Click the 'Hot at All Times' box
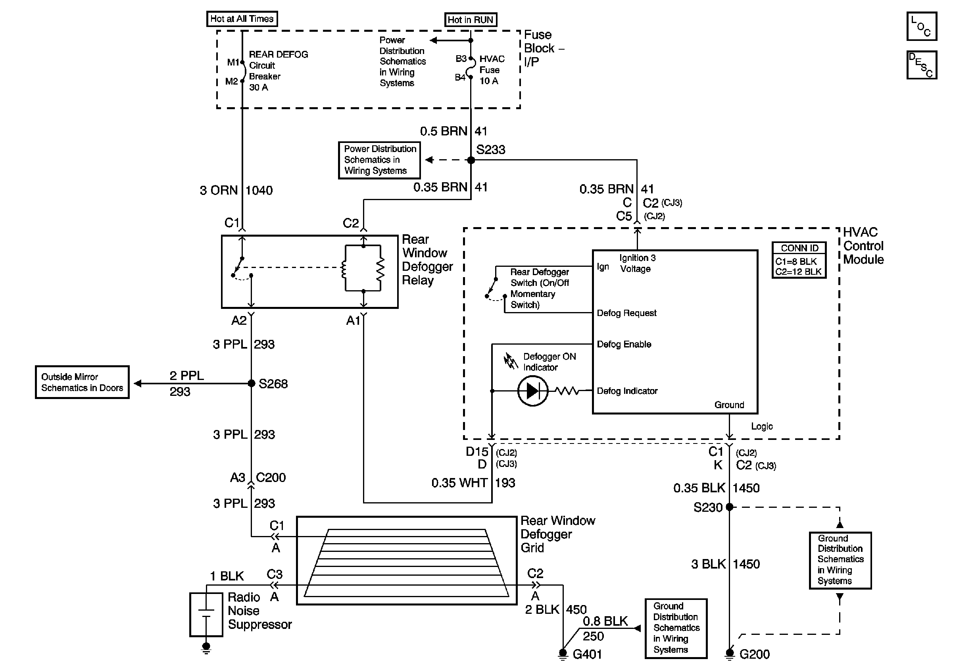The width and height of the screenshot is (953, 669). pyautogui.click(x=242, y=19)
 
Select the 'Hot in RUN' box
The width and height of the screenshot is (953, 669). pyautogui.click(x=470, y=20)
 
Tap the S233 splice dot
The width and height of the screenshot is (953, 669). pyautogui.click(x=471, y=160)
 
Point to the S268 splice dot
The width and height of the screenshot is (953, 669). pyautogui.click(x=251, y=383)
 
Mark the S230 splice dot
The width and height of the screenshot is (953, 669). pyautogui.click(x=729, y=507)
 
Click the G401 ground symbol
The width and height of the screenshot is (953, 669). pyautogui.click(x=563, y=654)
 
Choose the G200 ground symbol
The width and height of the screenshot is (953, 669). pyautogui.click(x=729, y=654)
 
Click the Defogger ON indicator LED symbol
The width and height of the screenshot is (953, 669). pyautogui.click(x=533, y=391)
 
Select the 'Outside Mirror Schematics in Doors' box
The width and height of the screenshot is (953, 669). pyautogui.click(x=82, y=382)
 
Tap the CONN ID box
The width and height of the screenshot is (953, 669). pyautogui.click(x=799, y=260)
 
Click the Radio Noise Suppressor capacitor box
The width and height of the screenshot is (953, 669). pyautogui.click(x=206, y=615)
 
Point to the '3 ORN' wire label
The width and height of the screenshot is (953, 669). pyautogui.click(x=219, y=191)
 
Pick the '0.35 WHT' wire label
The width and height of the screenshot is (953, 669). pyautogui.click(x=459, y=483)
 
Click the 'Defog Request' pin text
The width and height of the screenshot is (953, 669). pyautogui.click(x=627, y=313)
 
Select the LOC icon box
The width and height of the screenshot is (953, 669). pyautogui.click(x=921, y=26)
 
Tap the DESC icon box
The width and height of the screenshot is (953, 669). pyautogui.click(x=921, y=65)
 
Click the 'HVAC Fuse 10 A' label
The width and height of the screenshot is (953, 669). pyautogui.click(x=492, y=70)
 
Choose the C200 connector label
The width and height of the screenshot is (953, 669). pyautogui.click(x=271, y=478)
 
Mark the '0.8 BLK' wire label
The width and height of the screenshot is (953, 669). pyautogui.click(x=605, y=621)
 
